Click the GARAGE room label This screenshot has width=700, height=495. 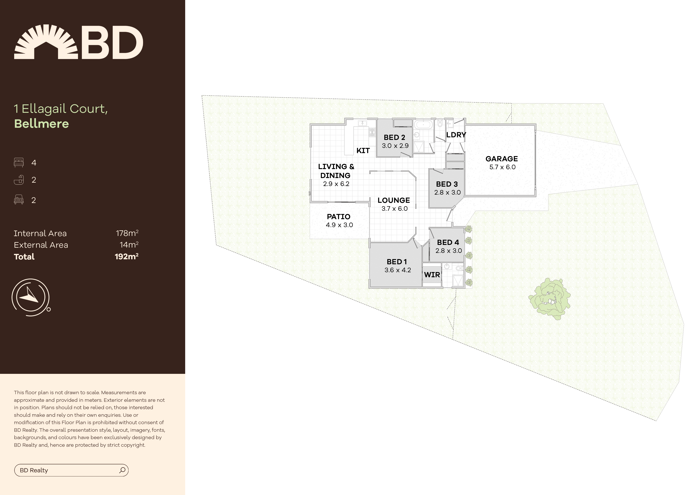click(501, 159)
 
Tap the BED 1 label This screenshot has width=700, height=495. click(397, 262)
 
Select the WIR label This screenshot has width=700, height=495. click(432, 275)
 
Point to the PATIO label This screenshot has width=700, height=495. click(338, 217)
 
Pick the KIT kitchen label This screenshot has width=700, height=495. click(363, 151)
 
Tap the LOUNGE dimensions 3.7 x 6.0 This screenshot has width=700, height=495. click(394, 209)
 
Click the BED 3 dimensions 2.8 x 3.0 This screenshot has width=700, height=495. click(447, 192)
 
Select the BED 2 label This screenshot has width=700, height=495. click(394, 138)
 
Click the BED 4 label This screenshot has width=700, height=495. click(448, 243)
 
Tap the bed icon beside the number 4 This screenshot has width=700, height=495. click(19, 162)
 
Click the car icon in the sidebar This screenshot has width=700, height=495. click(19, 200)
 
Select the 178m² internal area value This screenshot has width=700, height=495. click(127, 233)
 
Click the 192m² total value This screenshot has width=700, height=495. click(126, 256)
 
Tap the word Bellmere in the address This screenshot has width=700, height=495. click(42, 124)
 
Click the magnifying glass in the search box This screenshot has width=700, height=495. click(122, 470)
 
